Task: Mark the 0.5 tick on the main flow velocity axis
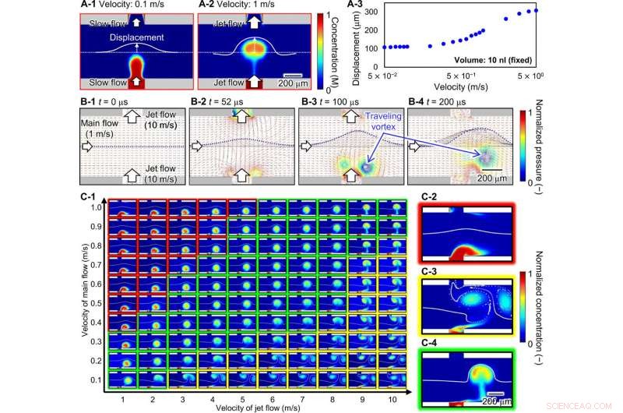coord(96,284)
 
